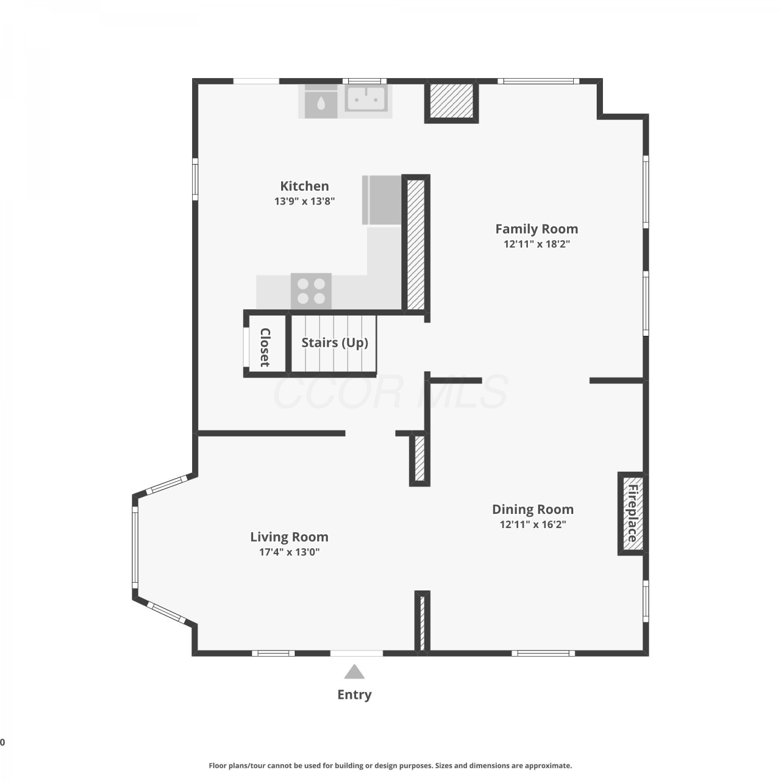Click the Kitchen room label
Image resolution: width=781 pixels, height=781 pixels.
(305, 186)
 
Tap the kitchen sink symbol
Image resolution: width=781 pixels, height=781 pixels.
(367, 99)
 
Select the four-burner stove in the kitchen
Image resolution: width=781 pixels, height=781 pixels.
(311, 291)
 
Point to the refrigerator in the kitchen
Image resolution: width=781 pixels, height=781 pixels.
(382, 200)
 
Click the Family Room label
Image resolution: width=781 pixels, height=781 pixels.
(537, 229)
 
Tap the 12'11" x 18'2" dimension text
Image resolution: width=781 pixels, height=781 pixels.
(537, 244)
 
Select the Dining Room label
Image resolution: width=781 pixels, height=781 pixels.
(533, 509)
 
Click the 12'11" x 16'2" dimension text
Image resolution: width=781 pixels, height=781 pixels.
(533, 524)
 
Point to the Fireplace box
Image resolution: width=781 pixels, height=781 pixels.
(632, 514)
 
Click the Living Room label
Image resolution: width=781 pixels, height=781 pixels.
(289, 537)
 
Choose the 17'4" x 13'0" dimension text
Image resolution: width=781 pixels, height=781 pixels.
(289, 552)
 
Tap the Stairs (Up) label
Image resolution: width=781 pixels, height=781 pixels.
(335, 343)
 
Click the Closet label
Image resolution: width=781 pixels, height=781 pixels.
(265, 347)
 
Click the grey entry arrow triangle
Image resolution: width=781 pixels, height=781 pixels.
(354, 672)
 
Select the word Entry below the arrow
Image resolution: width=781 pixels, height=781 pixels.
(355, 695)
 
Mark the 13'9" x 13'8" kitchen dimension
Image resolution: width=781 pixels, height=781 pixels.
(305, 201)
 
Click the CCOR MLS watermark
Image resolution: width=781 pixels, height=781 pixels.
(391, 392)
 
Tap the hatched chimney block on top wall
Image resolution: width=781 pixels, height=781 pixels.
(451, 101)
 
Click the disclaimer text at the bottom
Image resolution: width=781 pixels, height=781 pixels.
(391, 765)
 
